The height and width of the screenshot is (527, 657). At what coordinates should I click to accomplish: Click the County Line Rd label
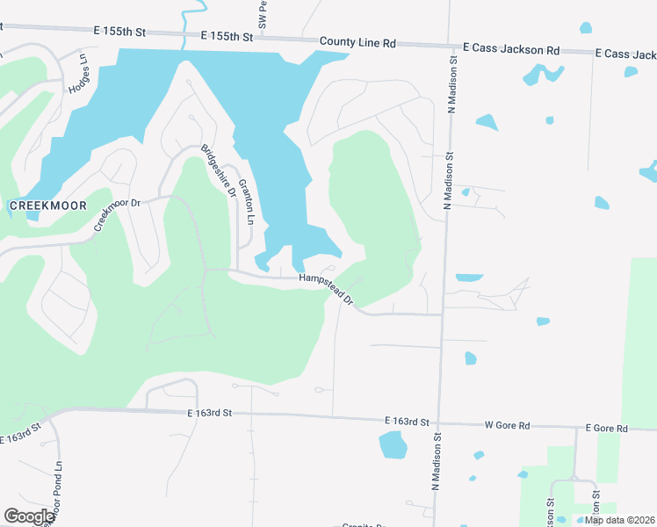click(x=358, y=41)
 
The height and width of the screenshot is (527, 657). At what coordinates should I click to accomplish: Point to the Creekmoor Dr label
click(x=117, y=215)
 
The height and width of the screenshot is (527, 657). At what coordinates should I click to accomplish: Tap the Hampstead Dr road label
click(x=326, y=289)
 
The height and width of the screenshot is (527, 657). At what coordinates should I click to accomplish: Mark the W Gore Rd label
click(x=508, y=425)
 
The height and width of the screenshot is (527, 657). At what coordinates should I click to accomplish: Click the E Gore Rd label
click(x=608, y=428)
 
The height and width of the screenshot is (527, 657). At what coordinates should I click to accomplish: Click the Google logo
click(x=29, y=516)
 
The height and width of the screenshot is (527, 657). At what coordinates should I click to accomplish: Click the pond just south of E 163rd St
click(x=393, y=445)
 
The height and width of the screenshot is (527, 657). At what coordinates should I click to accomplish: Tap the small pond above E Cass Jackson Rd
click(x=585, y=28)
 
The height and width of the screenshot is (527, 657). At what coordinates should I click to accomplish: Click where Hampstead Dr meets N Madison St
click(x=441, y=314)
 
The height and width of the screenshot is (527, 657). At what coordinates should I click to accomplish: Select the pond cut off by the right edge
click(x=650, y=170)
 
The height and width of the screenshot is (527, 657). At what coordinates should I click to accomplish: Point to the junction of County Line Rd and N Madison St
click(x=450, y=46)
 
